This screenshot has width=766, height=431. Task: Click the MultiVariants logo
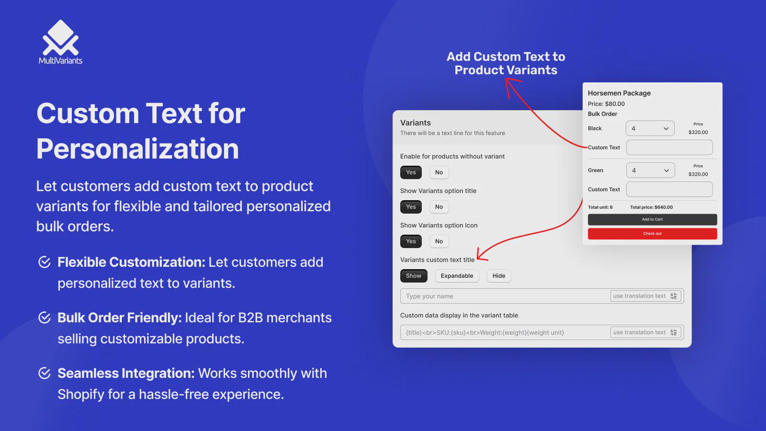[x=60, y=42]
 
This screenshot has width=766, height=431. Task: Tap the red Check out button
[x=652, y=234]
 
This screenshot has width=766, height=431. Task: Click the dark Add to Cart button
[x=652, y=220]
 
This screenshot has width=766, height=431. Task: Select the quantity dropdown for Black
[x=650, y=129]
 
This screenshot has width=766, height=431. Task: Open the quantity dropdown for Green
[x=650, y=170]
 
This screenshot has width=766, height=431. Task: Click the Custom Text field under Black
[x=669, y=147]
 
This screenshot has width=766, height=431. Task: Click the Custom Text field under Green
[x=669, y=189]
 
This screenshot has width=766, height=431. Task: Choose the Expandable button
[x=457, y=276]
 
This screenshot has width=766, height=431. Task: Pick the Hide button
[x=498, y=276]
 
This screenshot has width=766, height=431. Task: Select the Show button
[x=414, y=276]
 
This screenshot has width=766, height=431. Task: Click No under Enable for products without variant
[x=439, y=172]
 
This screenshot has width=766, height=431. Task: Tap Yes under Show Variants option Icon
[x=411, y=241]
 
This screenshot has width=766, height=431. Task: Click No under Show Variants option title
[x=439, y=206]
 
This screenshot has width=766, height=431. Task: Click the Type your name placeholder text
[x=429, y=296]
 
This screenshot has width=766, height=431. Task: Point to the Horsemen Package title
[x=619, y=93]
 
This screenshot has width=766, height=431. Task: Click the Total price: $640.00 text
[x=651, y=207]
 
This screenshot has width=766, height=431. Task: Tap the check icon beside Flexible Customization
[x=45, y=262]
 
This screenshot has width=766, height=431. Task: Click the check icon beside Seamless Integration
[x=45, y=373]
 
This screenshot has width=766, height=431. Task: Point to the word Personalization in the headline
[x=137, y=149]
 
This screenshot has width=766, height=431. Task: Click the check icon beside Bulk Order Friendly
[x=45, y=318]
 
